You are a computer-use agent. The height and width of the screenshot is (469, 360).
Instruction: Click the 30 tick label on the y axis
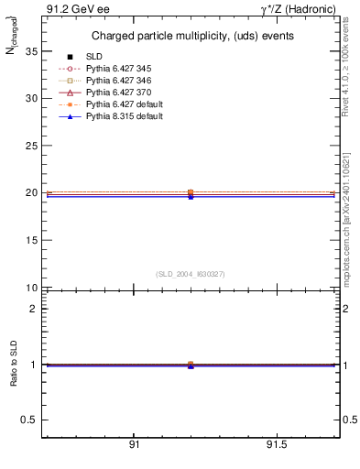(31, 98)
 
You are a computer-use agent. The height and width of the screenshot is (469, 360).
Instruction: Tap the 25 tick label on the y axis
(31, 146)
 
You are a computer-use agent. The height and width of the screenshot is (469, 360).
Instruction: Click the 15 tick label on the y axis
(31, 240)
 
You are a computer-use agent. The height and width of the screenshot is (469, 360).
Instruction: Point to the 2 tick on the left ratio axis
(33, 309)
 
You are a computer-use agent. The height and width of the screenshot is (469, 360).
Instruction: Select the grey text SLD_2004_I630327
(191, 274)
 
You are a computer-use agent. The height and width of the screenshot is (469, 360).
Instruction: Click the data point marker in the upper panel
(191, 193)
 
